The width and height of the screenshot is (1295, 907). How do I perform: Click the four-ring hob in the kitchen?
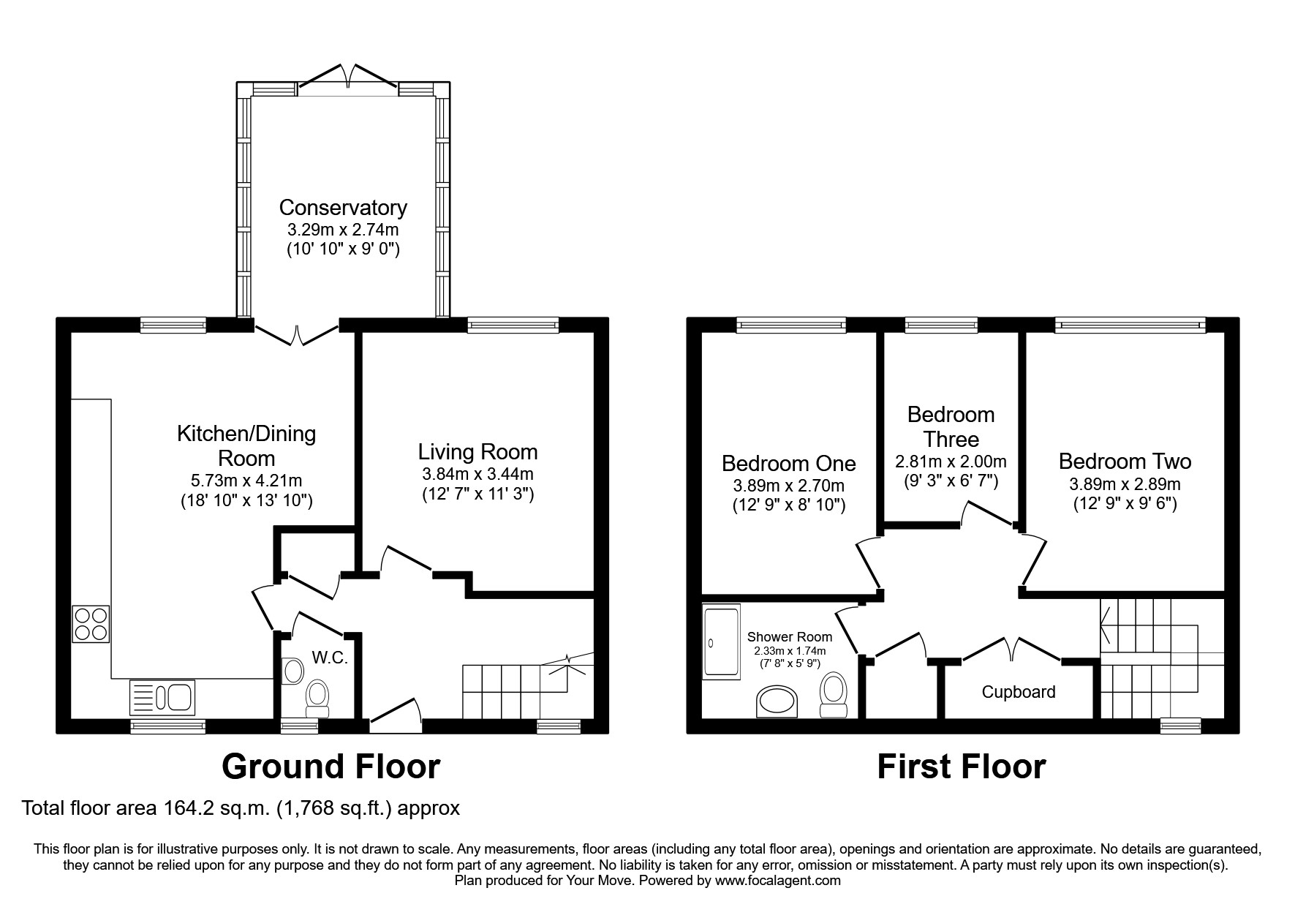pyautogui.click(x=91, y=624)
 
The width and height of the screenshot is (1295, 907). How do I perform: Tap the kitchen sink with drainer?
pyautogui.click(x=162, y=697)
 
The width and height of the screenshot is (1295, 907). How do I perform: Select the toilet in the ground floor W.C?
pyautogui.click(x=317, y=699)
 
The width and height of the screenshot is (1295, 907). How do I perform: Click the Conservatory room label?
pyautogui.click(x=343, y=208)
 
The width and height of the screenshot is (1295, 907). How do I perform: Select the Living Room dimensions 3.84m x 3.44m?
pyautogui.click(x=478, y=474)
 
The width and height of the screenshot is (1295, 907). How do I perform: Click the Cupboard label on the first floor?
pyautogui.click(x=1019, y=692)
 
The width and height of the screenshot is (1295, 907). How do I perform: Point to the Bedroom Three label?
pyautogui.click(x=951, y=426)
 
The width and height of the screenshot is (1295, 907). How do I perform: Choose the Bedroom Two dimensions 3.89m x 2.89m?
pyautogui.click(x=1125, y=484)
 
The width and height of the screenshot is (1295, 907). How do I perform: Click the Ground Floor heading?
pyautogui.click(x=331, y=767)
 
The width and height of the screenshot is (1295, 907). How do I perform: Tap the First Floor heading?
pyautogui.click(x=961, y=767)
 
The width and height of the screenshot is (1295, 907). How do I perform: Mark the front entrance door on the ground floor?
pyautogui.click(x=396, y=715)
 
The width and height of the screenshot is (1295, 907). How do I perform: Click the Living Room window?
pyautogui.click(x=513, y=325)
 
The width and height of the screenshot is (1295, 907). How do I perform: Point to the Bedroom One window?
pyautogui.click(x=791, y=325)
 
